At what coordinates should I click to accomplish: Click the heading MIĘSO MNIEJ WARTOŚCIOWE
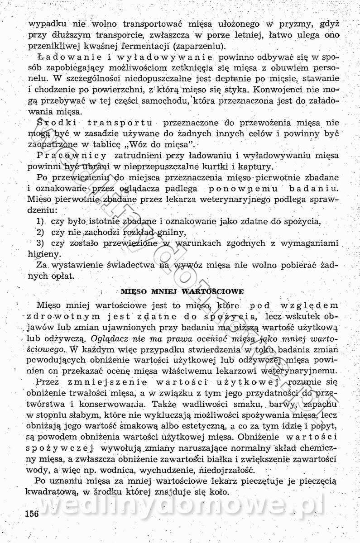tap(182, 291)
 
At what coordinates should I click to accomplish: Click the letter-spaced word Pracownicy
tap(73, 156)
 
